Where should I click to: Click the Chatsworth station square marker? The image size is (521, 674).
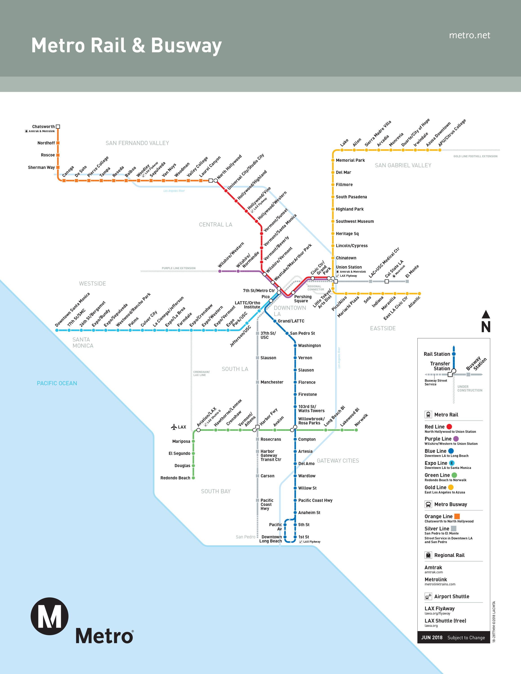coord(58,126)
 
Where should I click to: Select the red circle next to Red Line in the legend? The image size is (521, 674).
coord(449,426)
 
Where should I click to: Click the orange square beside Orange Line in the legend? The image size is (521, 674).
coord(457,516)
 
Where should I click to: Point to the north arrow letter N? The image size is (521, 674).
coord(485,327)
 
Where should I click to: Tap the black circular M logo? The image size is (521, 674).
coord(49,616)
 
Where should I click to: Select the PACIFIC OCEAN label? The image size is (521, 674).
coord(57,383)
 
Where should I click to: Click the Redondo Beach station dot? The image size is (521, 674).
coord(193,478)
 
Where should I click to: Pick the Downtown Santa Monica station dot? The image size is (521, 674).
coord(57,330)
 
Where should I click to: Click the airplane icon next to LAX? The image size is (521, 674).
coord(174,427)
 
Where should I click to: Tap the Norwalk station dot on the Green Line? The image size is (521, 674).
coord(356,430)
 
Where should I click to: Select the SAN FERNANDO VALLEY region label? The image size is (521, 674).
coord(137,143)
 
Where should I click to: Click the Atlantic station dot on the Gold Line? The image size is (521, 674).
coord(419,293)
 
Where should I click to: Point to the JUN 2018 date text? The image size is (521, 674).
coord(432,637)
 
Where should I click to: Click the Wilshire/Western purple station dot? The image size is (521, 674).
coord(220,271)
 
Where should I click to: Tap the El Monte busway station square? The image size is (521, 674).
coord(407,281)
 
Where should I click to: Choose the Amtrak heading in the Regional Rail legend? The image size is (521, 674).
coord(433,567)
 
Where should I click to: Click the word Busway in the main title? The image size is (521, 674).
coord(186,45)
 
